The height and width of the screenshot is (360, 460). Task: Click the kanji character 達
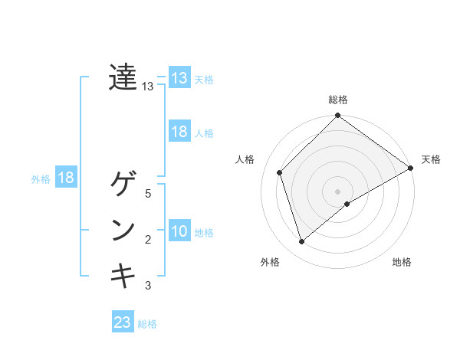[x=123, y=77]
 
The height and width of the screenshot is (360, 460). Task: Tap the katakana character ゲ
[x=123, y=185]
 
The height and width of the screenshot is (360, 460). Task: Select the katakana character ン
[x=123, y=231]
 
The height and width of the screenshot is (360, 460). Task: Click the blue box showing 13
[x=179, y=78]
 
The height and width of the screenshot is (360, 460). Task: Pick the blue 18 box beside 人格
[x=179, y=132]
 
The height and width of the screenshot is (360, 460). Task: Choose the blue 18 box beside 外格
[x=66, y=178]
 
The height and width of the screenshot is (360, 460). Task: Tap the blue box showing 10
[x=179, y=231]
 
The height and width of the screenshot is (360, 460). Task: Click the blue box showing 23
[x=123, y=322]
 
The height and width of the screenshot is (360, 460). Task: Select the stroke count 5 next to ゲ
[x=148, y=194]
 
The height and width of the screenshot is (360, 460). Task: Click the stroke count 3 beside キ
[x=148, y=286]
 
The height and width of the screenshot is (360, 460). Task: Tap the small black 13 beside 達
[x=148, y=87]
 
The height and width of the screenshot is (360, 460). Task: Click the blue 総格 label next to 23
[x=147, y=324]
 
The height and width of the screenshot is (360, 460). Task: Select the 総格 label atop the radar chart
[x=338, y=100]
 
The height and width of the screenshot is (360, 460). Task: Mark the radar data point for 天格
[x=410, y=169]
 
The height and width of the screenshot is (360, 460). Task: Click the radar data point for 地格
[x=347, y=204]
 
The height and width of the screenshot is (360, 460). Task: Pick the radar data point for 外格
[x=302, y=242]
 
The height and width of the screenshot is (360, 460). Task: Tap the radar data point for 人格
[x=280, y=172]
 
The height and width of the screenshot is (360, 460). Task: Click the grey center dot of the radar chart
[x=337, y=191]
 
